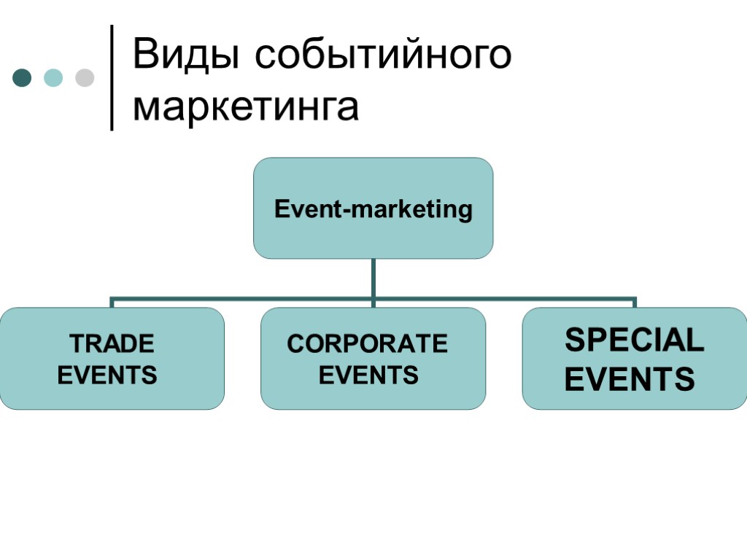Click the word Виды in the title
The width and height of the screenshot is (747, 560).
[x=186, y=56]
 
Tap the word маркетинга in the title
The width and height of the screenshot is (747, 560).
[x=247, y=106]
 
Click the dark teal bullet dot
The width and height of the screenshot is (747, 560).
[x=23, y=77]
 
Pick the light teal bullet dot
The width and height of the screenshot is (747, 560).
[x=54, y=77]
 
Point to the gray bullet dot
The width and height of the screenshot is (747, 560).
[x=85, y=77]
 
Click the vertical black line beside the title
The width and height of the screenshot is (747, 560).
[x=112, y=77]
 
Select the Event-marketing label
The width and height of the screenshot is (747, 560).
[x=373, y=210]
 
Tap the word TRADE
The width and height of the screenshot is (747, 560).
[x=112, y=343]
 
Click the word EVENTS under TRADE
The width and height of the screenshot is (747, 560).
[x=107, y=376]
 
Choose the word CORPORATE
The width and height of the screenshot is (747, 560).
[x=367, y=343]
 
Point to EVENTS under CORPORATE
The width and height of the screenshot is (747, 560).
[x=368, y=376]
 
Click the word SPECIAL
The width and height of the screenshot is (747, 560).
[x=635, y=341]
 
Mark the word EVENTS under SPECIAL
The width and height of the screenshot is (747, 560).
[x=630, y=379]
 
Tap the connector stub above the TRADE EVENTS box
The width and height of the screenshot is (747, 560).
[x=112, y=302]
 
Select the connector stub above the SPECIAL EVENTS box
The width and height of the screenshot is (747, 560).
[x=635, y=302]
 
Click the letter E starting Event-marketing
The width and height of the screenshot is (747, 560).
[x=281, y=210]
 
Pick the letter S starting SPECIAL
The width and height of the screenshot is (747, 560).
[x=576, y=341]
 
